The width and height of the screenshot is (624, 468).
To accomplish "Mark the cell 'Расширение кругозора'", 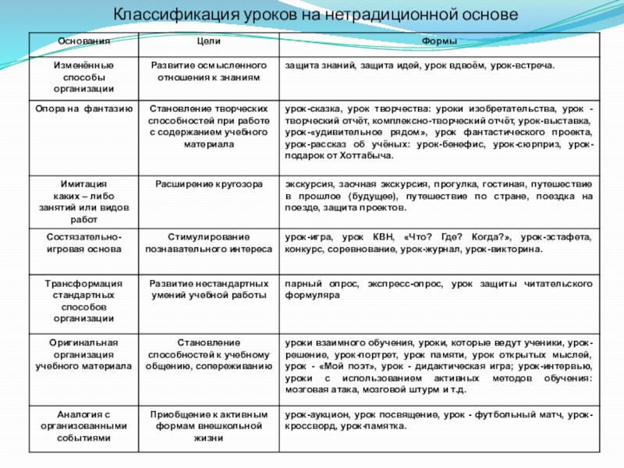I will (208, 183).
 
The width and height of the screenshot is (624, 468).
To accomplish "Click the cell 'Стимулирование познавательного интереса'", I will (208, 242).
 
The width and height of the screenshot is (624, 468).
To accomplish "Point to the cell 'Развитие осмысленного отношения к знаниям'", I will (208, 72).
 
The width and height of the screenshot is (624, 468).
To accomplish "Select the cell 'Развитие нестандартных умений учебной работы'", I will (208, 289).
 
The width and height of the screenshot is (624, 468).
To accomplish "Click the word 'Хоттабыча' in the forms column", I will (367, 157).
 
